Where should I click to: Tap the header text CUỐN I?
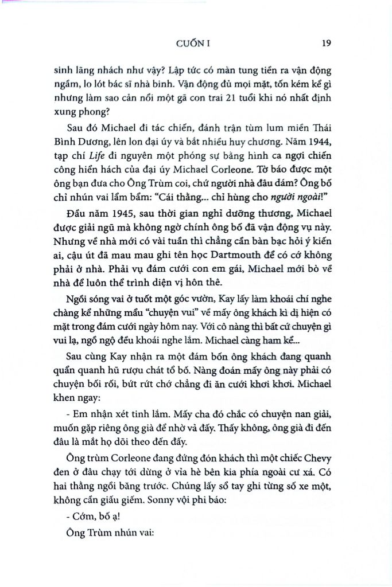click(196, 42)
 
